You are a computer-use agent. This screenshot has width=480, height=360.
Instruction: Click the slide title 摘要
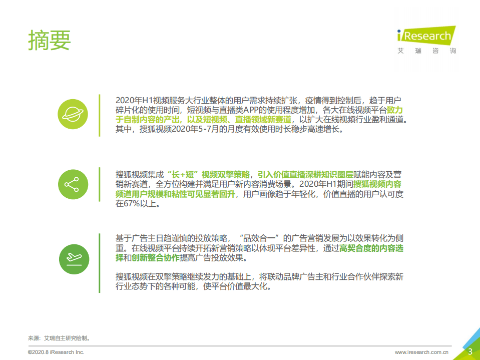(x=50, y=40)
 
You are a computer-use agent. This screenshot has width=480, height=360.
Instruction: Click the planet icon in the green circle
(x=73, y=115)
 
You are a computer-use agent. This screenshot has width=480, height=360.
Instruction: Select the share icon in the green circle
(x=73, y=185)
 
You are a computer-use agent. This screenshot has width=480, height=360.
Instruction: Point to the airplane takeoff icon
(x=73, y=258)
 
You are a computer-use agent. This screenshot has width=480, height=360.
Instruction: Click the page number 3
(x=470, y=351)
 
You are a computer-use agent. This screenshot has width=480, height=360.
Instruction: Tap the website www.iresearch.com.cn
(x=421, y=352)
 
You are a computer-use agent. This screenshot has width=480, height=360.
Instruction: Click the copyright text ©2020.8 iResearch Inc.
(x=56, y=352)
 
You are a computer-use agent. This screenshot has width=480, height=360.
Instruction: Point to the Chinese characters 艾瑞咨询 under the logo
(x=426, y=51)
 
